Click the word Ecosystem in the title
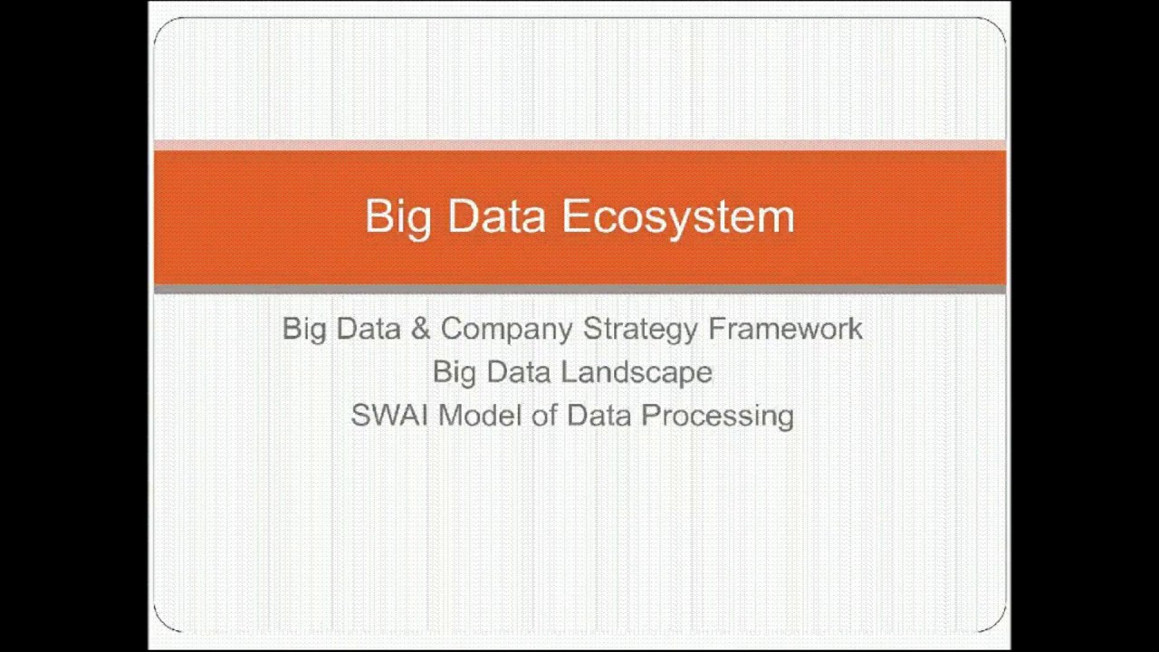[x=677, y=217]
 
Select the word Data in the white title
[x=496, y=217]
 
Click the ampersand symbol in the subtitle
[x=420, y=329]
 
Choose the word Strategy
[x=640, y=329]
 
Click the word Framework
[x=785, y=329]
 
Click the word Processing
[x=718, y=416]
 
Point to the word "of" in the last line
[x=542, y=416]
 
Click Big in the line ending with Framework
[x=304, y=329]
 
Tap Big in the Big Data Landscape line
[x=455, y=372]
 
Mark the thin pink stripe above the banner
[x=579, y=145]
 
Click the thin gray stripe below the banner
[x=579, y=290]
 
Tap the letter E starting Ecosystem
[x=573, y=217]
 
